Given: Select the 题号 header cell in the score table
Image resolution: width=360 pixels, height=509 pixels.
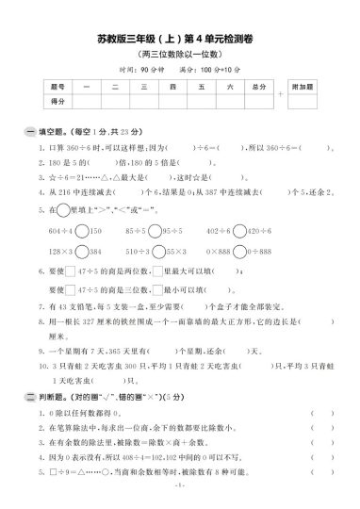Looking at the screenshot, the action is (x=58, y=86).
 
